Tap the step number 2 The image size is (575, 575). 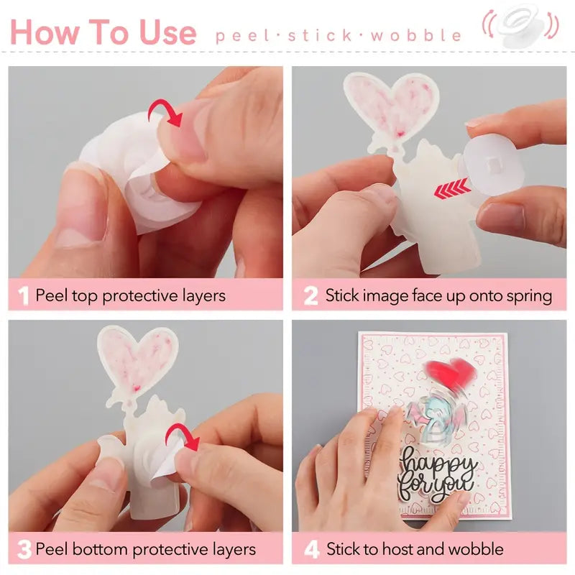(x=310, y=296)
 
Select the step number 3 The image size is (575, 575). (x=23, y=551)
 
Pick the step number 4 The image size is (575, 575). (x=310, y=551)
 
